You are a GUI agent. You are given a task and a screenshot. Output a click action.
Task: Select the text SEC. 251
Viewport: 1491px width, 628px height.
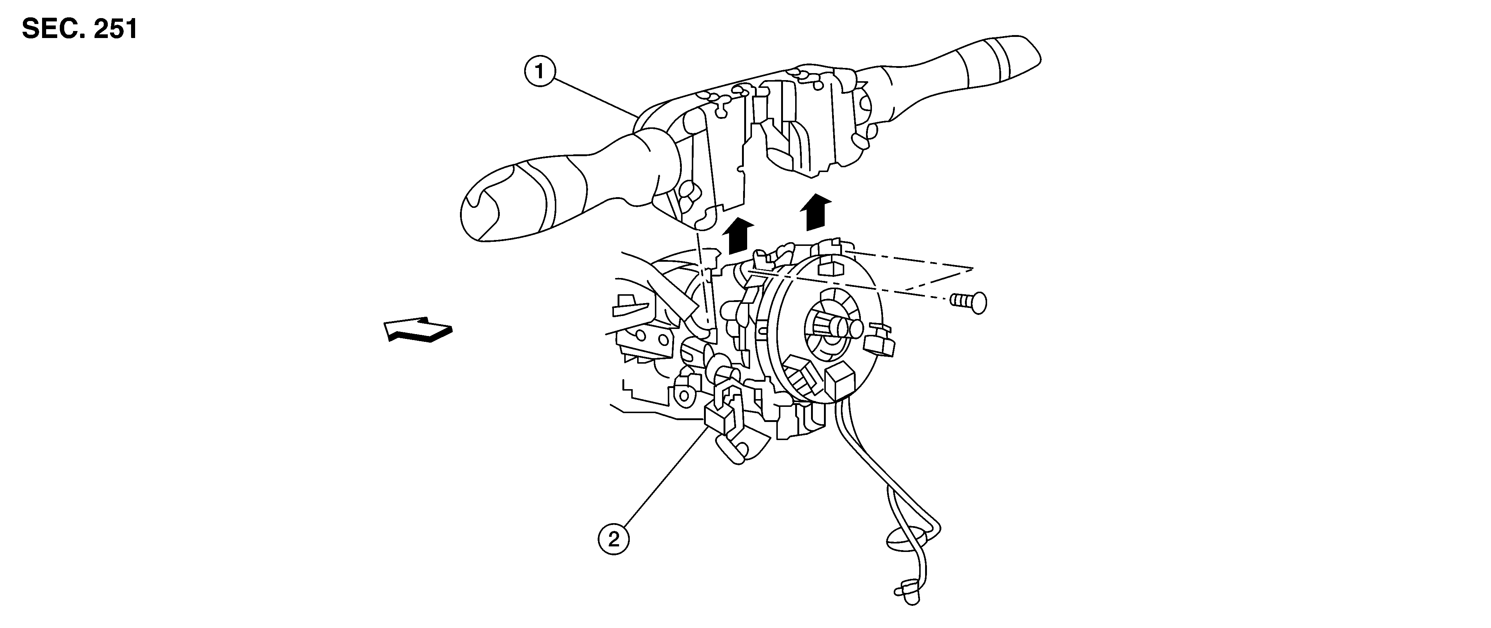point(80,29)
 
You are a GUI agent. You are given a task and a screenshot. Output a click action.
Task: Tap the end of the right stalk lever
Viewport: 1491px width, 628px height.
point(1024,55)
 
